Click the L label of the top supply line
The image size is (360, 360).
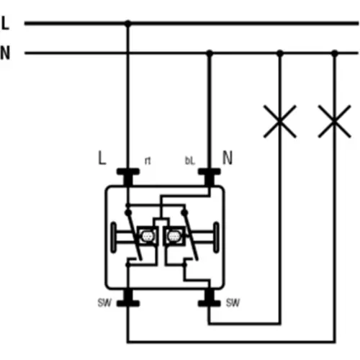[x=5, y=23]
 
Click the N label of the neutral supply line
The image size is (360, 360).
[x=5, y=53]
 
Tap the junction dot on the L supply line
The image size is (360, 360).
[x=128, y=24]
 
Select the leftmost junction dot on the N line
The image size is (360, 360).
[x=210, y=53]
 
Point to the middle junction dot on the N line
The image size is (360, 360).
[x=279, y=53]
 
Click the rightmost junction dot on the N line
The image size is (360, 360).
[x=335, y=53]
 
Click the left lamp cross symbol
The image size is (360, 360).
[x=279, y=121]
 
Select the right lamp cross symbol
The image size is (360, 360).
[x=335, y=121]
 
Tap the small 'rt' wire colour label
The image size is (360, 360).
[x=148, y=161]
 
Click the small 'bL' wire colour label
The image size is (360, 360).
[x=190, y=161]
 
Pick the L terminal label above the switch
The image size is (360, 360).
[x=102, y=158]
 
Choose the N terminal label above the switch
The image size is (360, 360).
[x=228, y=158]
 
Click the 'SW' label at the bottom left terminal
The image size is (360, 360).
[x=104, y=303]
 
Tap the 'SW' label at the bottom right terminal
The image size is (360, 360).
[x=233, y=303]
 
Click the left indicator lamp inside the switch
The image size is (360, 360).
[x=147, y=236]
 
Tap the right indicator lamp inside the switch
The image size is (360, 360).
[x=174, y=236]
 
